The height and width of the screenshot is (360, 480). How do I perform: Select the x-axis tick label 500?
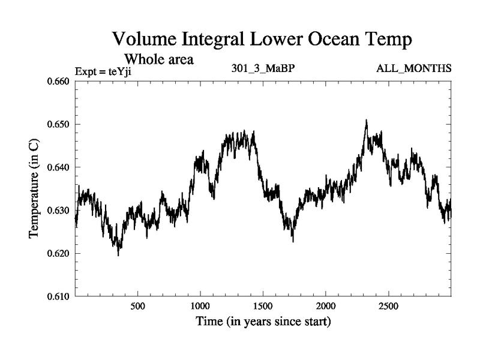[138, 306]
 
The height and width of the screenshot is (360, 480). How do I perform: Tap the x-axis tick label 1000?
[200, 306]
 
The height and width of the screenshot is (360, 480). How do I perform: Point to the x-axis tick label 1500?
[263, 306]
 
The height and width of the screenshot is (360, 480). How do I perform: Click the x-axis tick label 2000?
[326, 306]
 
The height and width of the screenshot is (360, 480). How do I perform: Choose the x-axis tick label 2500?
[388, 306]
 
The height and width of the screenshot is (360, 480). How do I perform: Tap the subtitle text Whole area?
[158, 59]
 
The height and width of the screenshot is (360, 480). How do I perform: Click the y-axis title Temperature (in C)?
[35, 189]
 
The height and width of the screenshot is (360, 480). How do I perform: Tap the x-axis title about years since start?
[263, 322]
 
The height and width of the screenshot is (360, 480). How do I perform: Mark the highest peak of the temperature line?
[366, 120]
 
